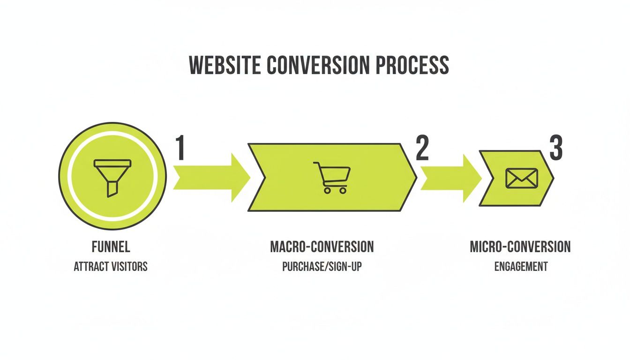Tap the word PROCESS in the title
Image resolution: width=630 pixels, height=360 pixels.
[x=412, y=65]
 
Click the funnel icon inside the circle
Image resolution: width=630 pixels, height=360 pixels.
[x=112, y=177]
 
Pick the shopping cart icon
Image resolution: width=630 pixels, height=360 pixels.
[x=332, y=177]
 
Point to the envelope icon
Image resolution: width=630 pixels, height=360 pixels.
[x=521, y=178]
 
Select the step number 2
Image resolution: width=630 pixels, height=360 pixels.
[x=422, y=149]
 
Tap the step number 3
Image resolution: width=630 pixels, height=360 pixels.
[x=556, y=149]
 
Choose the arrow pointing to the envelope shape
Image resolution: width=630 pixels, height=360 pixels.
[x=450, y=178]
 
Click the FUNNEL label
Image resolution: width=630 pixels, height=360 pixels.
[x=111, y=247]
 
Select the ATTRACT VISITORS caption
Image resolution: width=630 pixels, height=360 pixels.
[x=111, y=267]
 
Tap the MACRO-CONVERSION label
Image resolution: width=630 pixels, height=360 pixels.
[x=322, y=247]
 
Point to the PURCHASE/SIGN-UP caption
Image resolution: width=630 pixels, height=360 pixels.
[x=322, y=267]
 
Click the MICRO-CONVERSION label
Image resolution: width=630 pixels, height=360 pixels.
[x=520, y=247]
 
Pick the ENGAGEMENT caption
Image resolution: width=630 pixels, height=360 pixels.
[x=520, y=267]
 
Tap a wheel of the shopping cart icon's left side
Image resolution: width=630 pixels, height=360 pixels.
[x=326, y=191]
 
